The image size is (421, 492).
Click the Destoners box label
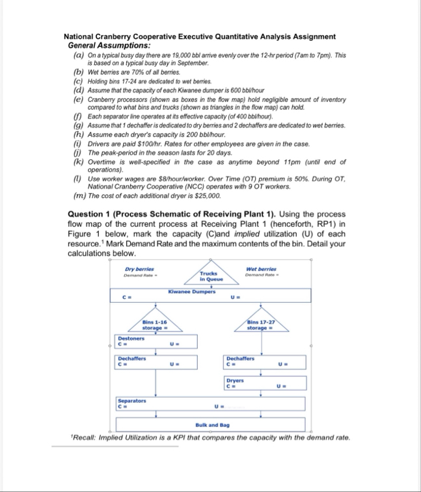pyautogui.click(x=131, y=338)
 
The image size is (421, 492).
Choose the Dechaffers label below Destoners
pyautogui.click(x=131, y=358)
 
